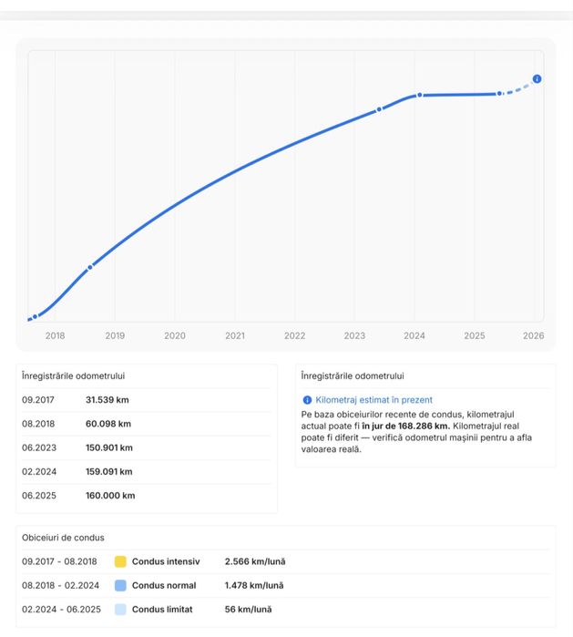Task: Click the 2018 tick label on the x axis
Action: [55, 335]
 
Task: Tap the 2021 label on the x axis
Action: [235, 335]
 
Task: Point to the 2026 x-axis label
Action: [534, 335]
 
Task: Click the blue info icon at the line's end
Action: [537, 79]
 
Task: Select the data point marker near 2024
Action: [420, 95]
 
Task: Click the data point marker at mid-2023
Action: [380, 109]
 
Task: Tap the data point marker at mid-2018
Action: [90, 267]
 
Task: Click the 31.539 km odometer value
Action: [107, 399]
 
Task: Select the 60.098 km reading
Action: [108, 424]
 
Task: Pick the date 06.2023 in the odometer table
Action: [39, 447]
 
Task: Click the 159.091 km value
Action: [108, 471]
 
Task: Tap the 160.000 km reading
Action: [110, 496]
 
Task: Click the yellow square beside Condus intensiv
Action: [120, 561]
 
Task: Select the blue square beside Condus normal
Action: [120, 585]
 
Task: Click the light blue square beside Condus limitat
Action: [120, 610]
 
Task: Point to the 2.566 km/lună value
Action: [254, 561]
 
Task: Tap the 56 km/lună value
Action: [248, 610]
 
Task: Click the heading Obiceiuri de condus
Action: [63, 538]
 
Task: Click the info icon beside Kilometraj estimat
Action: [307, 399]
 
